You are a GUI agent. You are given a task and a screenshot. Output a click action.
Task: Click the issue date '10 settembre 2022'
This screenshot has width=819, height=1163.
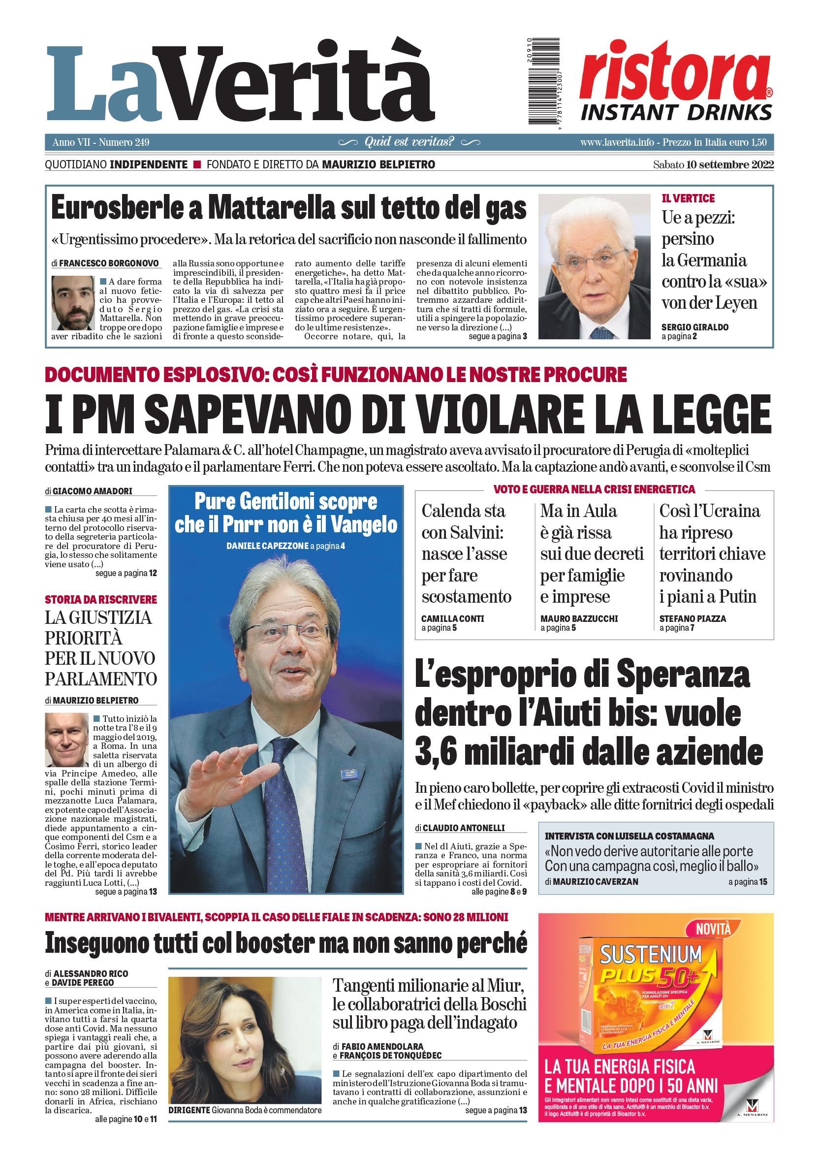click(x=730, y=164)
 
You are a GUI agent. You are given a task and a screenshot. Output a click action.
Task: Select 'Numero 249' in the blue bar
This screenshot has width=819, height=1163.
click(x=124, y=142)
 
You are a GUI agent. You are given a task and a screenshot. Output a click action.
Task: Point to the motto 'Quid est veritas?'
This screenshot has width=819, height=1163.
click(x=409, y=142)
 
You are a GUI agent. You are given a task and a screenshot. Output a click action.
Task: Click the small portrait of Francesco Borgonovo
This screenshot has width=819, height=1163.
click(x=73, y=303)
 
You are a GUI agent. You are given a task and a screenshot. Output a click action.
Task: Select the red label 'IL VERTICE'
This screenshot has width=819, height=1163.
click(x=688, y=198)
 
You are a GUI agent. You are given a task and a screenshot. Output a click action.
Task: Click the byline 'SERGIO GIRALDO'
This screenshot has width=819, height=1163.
click(x=694, y=327)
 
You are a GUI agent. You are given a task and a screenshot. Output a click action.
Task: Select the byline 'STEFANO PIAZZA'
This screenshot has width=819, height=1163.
click(x=693, y=618)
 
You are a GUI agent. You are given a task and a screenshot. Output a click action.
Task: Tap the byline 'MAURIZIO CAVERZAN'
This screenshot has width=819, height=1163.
click(x=595, y=881)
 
